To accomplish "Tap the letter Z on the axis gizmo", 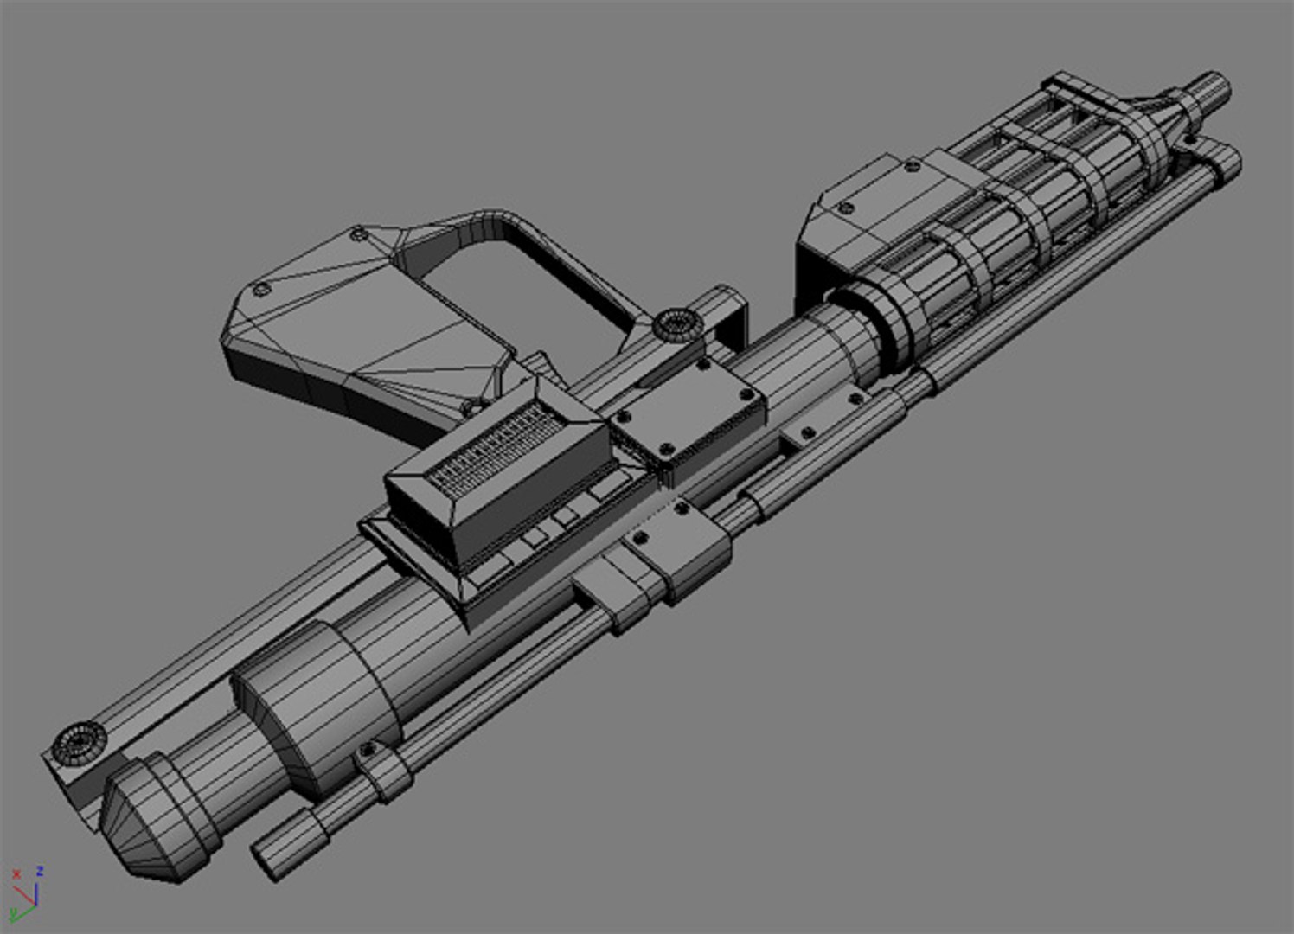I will (40, 871).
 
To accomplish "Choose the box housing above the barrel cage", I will (874, 203).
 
